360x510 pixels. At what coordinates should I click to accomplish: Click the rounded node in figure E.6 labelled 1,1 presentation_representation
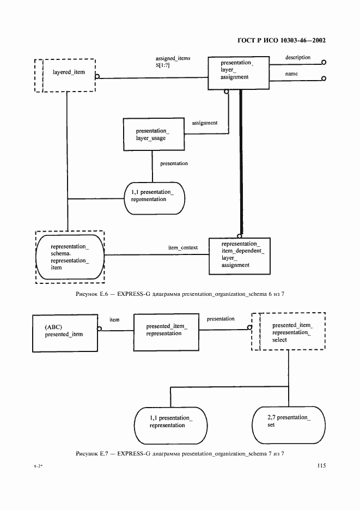[154, 196]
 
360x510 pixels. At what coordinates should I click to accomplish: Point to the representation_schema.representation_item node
[70, 257]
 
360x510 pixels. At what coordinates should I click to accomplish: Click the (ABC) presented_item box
[65, 330]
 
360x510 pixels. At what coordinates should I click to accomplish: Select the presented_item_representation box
[166, 330]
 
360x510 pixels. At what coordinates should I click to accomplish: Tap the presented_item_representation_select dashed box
[288, 331]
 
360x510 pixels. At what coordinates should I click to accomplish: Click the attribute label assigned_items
[173, 58]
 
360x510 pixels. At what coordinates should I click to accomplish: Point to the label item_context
[183, 248]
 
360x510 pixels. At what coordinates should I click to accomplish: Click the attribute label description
[298, 57]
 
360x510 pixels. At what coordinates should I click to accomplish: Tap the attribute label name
[292, 74]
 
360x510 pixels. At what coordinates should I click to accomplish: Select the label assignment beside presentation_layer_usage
[204, 123]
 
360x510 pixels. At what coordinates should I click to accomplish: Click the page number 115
[320, 466]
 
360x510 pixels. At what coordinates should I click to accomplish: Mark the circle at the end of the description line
[324, 63]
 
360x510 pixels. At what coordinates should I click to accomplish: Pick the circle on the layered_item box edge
[96, 77]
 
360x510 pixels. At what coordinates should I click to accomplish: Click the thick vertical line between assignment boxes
[239, 163]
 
